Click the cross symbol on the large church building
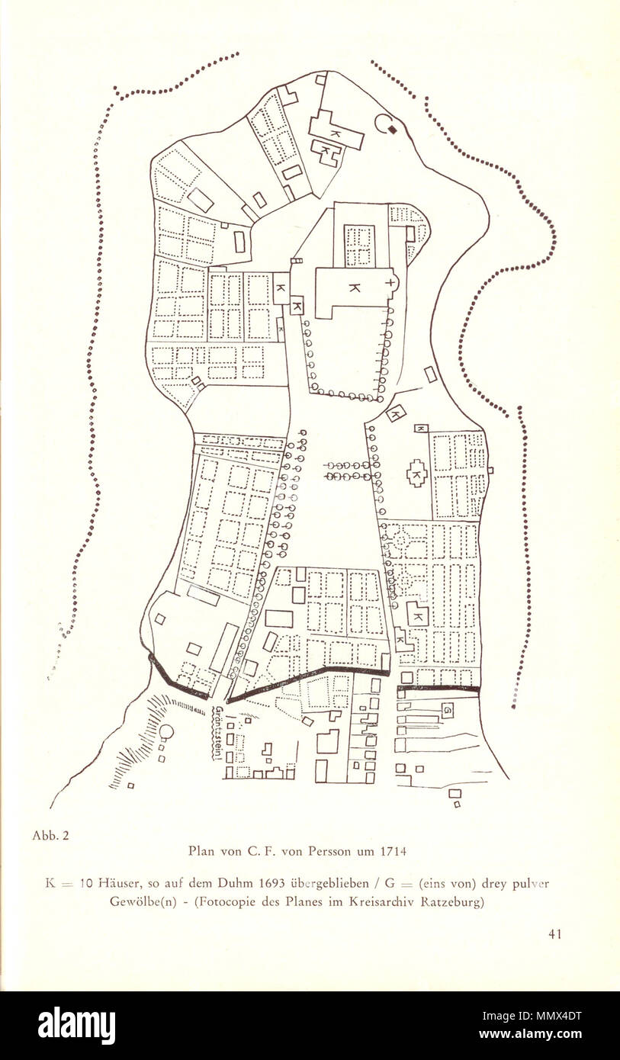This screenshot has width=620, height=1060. click(x=391, y=282)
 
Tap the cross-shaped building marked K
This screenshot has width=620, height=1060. click(x=416, y=474)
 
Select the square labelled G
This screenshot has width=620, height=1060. click(x=448, y=710)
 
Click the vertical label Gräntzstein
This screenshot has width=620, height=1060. click(x=219, y=733)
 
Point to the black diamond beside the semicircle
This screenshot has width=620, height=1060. click(x=392, y=130)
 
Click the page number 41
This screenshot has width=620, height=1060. click(x=554, y=933)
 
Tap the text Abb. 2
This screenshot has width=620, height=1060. click(x=50, y=835)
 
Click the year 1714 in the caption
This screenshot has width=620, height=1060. click(x=391, y=850)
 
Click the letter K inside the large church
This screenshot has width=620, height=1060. click(x=354, y=287)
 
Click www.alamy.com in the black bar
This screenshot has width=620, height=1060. click(x=559, y=1035)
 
